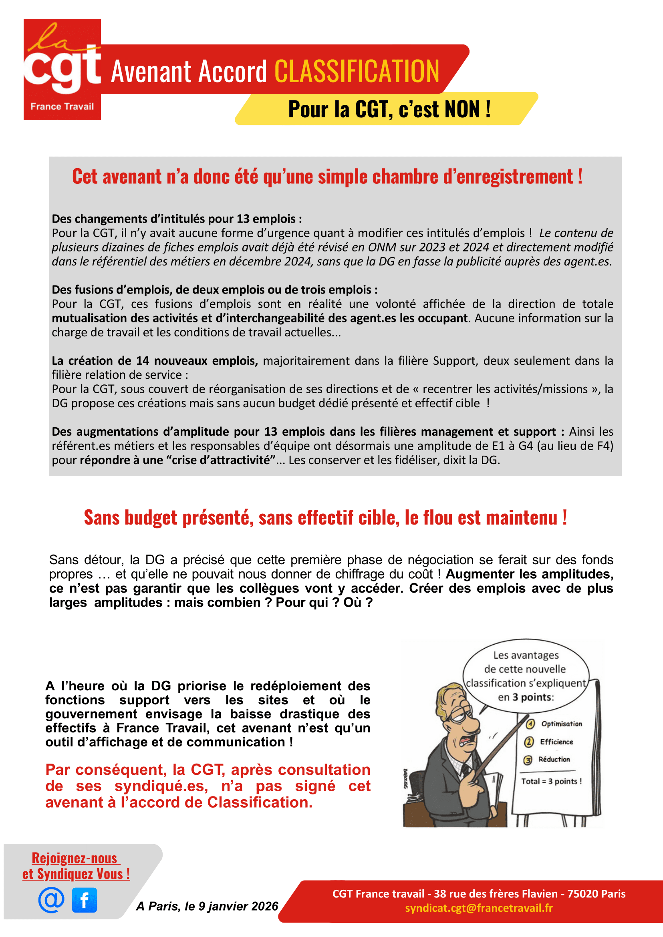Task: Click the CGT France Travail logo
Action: [x=62, y=69]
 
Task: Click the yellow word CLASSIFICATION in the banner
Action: [x=357, y=71]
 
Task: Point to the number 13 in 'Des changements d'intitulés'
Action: [x=243, y=219]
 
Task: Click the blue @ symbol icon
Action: [x=51, y=900]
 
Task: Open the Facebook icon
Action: [x=85, y=900]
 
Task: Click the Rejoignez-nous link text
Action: [x=75, y=858]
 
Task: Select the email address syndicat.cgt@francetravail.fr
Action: [x=478, y=908]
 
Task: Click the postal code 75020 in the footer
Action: [x=582, y=894]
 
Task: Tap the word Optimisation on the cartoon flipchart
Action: [x=561, y=724]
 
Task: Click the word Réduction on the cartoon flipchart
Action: [x=554, y=759]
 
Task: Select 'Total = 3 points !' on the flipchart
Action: [x=551, y=781]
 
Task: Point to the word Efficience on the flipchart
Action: [x=556, y=742]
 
